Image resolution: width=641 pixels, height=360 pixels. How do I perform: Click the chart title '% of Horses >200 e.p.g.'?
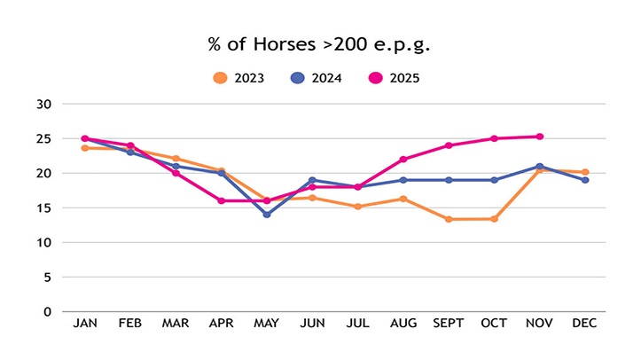[320, 44]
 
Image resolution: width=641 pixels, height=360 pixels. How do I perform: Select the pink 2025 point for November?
[539, 137]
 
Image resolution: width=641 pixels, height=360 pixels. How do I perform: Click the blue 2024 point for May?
[267, 215]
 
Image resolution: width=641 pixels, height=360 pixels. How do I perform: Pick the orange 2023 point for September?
[448, 219]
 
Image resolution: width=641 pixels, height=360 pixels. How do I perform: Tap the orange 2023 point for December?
[585, 172]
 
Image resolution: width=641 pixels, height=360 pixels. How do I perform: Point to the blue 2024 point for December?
[585, 180]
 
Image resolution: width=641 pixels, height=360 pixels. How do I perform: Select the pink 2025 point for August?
[403, 160]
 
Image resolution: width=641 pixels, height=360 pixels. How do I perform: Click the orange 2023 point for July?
[357, 207]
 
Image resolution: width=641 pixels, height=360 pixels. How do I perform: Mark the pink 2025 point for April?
[222, 200]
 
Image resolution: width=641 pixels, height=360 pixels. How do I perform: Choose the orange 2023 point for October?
[494, 219]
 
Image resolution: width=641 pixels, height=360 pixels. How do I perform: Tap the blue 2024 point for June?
[312, 180]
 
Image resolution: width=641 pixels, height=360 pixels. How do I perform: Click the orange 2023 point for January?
[85, 148]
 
